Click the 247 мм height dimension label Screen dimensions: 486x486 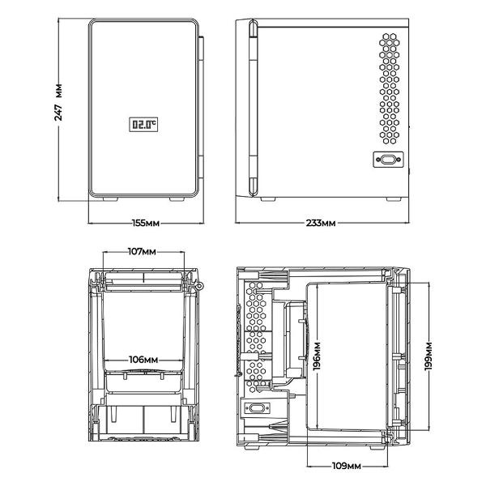coord(58,102)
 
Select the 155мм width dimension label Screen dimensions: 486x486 coord(146,223)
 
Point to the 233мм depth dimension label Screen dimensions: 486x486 coord(321,223)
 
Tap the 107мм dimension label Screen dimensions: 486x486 coord(143,251)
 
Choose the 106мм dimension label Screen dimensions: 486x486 coord(143,360)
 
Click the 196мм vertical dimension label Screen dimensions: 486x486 coord(317,356)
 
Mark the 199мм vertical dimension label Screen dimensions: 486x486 coord(428,356)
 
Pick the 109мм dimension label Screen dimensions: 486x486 coord(347,466)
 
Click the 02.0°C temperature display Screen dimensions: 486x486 coord(143,125)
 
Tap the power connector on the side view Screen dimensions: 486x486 coord(388,160)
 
